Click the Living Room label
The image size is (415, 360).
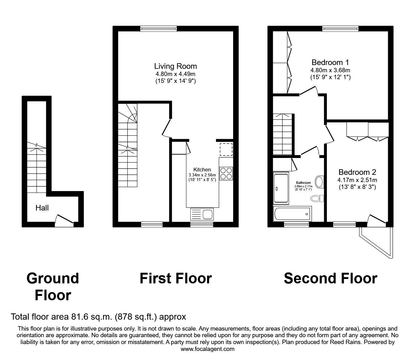pos(175,66)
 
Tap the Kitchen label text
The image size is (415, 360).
pos(202,170)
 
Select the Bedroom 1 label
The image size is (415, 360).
pos(330,62)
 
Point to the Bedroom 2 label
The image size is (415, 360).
pos(357,172)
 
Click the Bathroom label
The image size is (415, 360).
pos(303,183)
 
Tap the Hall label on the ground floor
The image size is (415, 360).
pos(42,208)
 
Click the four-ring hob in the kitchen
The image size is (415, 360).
pos(226,173)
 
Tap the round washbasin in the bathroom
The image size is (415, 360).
pos(319,182)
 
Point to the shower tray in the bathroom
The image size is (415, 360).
pos(282,188)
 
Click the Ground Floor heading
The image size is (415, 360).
pos(53,286)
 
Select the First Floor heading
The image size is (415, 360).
pos(176,278)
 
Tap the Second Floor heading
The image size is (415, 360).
pos(330,278)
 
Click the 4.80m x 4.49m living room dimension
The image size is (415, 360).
pos(175,74)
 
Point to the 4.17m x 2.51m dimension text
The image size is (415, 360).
pos(357,180)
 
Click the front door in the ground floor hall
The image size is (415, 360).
pos(64,220)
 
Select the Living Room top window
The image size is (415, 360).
pos(159,29)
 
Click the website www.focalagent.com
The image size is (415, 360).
pos(207,349)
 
